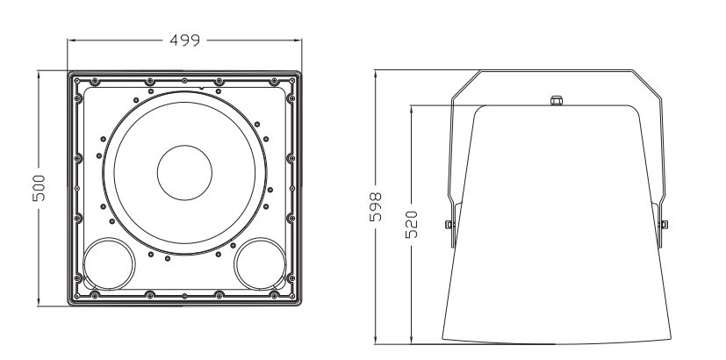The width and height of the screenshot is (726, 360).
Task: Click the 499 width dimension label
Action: click(185, 40)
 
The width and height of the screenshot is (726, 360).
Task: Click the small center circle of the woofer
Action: click(184, 171)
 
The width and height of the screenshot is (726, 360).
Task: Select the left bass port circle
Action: click(111, 264)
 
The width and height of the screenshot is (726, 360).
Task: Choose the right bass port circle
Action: click(260, 264)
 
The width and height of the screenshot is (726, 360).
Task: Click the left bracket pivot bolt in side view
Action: click(449, 225)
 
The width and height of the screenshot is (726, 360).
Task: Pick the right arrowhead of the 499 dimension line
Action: click(299, 40)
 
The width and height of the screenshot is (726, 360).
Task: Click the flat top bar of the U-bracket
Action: click(555, 71)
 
